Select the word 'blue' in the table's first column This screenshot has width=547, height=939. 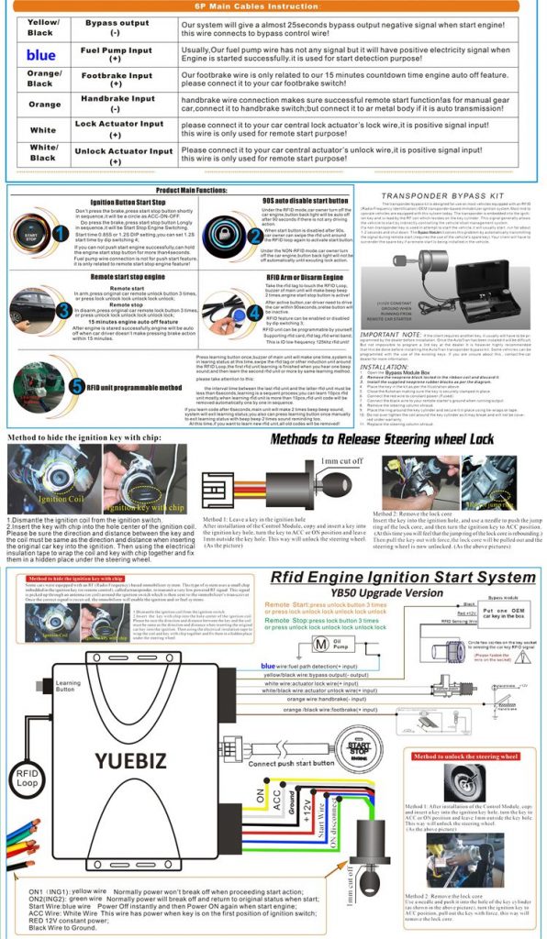(x=40, y=55)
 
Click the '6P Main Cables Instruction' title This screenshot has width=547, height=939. (x=273, y=6)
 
